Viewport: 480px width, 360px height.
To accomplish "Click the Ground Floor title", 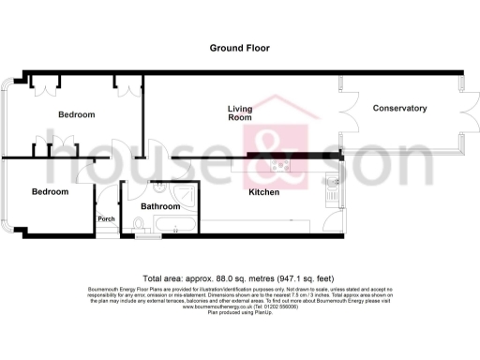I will click(239, 47).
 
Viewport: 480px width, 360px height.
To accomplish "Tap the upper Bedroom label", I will click(77, 114).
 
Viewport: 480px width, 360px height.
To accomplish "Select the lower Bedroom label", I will click(51, 191).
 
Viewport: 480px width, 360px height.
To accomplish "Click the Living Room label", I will click(240, 113).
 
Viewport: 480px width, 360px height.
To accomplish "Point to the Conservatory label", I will click(400, 109).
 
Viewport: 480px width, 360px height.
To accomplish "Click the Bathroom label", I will click(160, 205).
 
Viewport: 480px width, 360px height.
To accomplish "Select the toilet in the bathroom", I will click(138, 224).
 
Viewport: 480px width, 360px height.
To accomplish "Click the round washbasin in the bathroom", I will click(158, 187).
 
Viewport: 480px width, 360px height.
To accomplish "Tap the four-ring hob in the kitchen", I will click(280, 167).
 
